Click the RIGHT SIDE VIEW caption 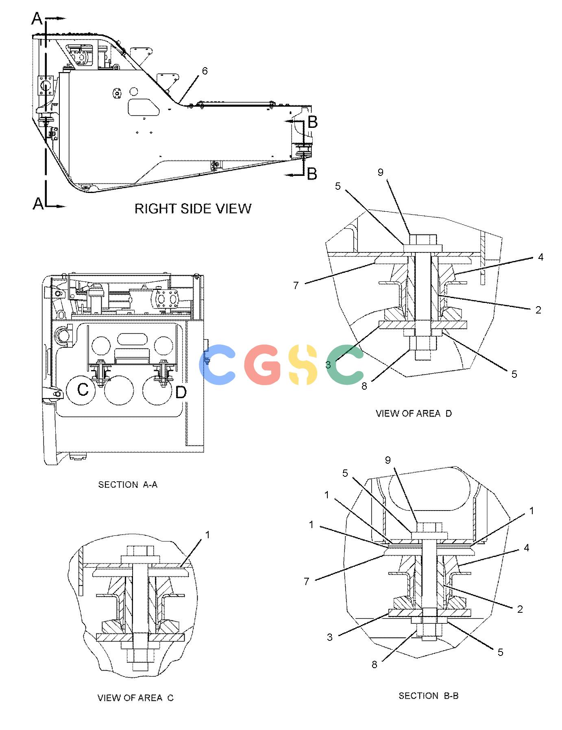pos(193,208)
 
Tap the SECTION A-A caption pos(128,484)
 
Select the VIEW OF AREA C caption pos(135,698)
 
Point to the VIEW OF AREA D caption pos(414,413)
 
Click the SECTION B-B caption pos(429,696)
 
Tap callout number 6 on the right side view pos(205,71)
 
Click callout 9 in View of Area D pos(381,172)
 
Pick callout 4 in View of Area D pos(540,257)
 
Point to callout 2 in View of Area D pos(538,310)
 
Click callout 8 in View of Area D pos(364,386)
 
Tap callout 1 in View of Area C pos(207,535)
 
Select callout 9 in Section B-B pos(388,460)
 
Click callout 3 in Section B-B pos(330,637)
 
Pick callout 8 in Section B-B pos(374,664)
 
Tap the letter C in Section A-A pos(83,390)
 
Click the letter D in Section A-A pos(181,392)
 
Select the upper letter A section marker pos(37,19)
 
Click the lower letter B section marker pos(312,174)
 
